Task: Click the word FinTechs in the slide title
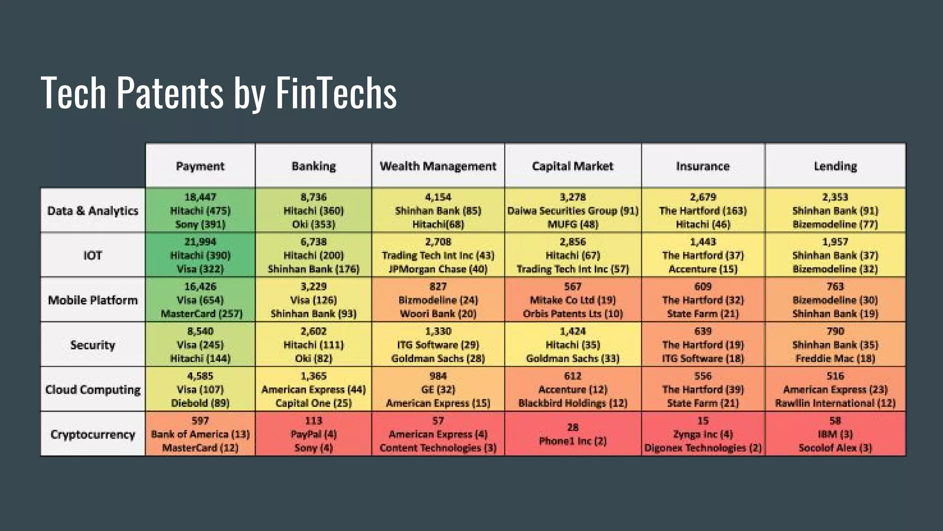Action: tap(336, 93)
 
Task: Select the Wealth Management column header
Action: tap(438, 166)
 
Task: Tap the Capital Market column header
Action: tap(572, 166)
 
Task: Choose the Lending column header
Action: tap(835, 166)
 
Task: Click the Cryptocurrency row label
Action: tap(93, 434)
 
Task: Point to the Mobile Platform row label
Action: tap(93, 300)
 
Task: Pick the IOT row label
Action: tap(93, 255)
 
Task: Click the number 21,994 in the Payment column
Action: tap(200, 242)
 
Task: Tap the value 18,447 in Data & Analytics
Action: tap(200, 197)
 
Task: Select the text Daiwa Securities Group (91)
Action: tap(573, 211)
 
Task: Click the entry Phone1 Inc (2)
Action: tap(573, 441)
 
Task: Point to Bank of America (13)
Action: tap(200, 434)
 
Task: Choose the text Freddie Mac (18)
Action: tap(835, 358)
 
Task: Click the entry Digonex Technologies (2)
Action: tap(703, 448)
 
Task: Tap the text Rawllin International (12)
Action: tap(835, 403)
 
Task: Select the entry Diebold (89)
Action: tap(200, 403)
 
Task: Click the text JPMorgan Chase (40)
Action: tap(438, 269)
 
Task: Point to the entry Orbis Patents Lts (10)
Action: tap(573, 313)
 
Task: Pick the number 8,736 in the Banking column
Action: tap(314, 197)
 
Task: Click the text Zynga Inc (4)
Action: tap(703, 434)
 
